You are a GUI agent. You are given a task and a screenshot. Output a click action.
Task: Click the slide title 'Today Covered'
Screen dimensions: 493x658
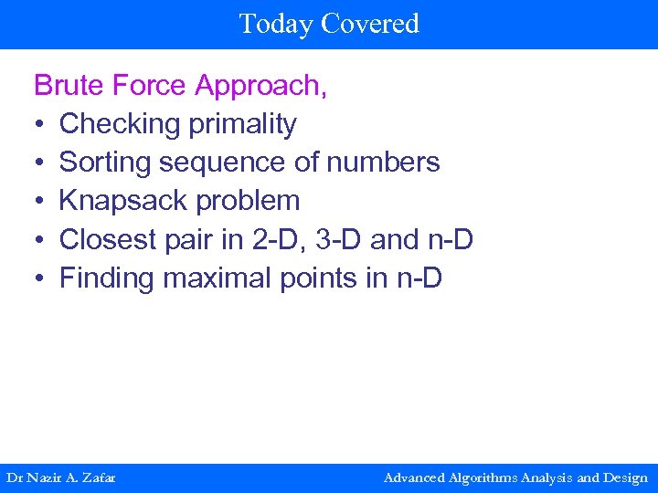(329, 23)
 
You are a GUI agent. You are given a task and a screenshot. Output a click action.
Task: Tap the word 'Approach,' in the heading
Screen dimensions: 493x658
(261, 86)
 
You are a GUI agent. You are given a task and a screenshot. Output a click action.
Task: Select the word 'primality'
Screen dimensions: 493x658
(242, 124)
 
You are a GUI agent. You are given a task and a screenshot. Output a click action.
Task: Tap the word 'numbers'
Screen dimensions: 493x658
(384, 163)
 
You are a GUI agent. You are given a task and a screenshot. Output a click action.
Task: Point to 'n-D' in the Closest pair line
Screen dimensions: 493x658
(450, 239)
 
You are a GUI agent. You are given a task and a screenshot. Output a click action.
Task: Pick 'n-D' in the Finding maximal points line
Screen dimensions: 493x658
(419, 278)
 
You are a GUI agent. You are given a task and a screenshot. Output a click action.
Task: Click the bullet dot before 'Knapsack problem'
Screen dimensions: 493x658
(39, 201)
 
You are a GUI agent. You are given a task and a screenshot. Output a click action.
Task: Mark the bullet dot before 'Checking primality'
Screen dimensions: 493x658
(39, 124)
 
